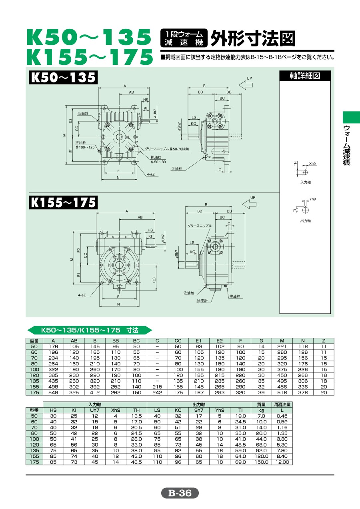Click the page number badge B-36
tap(180, 493)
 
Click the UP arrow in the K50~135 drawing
tap(246, 85)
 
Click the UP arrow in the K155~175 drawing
tap(249, 204)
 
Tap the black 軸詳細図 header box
tap(305, 76)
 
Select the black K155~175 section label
tap(63, 202)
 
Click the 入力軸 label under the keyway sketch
tap(306, 182)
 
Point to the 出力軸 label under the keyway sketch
tap(306, 221)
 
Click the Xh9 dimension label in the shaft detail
tap(312, 164)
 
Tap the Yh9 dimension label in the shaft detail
tap(312, 199)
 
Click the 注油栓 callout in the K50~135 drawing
tap(177, 168)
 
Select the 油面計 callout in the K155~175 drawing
tap(202, 301)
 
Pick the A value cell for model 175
tap(53, 393)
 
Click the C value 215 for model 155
tap(157, 387)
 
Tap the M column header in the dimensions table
tap(282, 341)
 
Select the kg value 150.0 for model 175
tap(261, 462)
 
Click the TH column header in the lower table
tap(136, 410)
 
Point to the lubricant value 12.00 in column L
tap(282, 462)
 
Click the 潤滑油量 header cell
tap(282, 405)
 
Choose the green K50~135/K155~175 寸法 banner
tap(90, 330)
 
